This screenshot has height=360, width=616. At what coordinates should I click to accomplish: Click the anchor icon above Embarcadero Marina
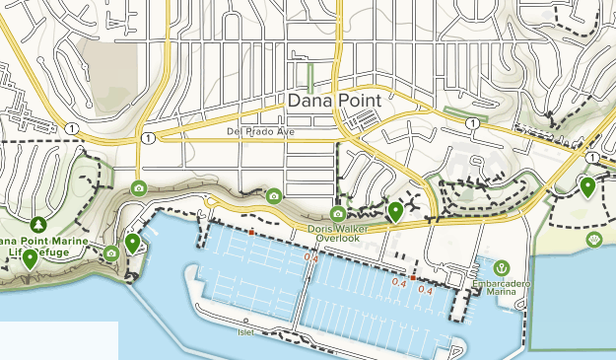click(x=501, y=267)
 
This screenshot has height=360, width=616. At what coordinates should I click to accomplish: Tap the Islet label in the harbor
click(x=246, y=331)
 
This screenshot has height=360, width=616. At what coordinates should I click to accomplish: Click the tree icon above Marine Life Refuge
click(x=38, y=225)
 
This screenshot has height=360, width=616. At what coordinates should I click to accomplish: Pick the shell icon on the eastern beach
click(x=593, y=239)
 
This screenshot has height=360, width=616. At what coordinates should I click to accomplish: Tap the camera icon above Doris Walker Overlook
click(x=338, y=214)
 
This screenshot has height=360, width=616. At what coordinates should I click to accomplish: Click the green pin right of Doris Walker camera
click(x=395, y=210)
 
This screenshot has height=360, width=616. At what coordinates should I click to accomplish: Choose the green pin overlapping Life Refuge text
click(x=31, y=258)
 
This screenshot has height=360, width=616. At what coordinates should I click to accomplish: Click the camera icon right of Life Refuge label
click(x=111, y=253)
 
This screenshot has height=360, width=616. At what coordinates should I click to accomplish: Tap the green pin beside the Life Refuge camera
click(x=132, y=243)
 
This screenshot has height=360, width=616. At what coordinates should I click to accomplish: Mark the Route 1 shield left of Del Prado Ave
click(x=147, y=136)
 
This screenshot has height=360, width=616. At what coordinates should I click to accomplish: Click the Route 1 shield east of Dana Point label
click(x=474, y=123)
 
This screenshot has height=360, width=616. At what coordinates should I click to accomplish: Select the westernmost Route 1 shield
click(x=72, y=127)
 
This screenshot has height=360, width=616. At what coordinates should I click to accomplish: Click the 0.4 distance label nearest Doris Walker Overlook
click(x=311, y=258)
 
